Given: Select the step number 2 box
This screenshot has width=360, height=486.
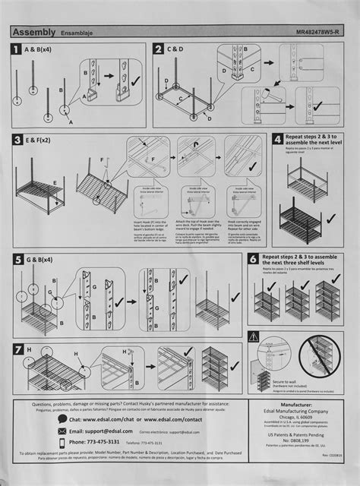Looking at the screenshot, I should click(x=159, y=50).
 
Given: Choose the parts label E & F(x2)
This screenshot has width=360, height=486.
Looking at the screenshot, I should click(x=45, y=140).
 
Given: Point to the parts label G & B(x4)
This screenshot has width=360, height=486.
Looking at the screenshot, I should click(x=46, y=259).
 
